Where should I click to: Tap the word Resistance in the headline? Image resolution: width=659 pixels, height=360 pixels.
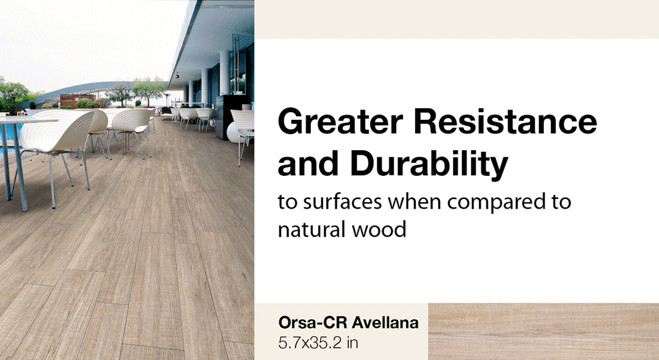tap(503, 122)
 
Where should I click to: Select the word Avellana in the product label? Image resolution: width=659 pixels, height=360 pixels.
tap(384, 323)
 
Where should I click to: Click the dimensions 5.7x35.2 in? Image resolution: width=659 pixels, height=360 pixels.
tap(318, 342)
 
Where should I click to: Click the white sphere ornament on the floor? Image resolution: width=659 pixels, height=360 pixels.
tap(233, 131)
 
